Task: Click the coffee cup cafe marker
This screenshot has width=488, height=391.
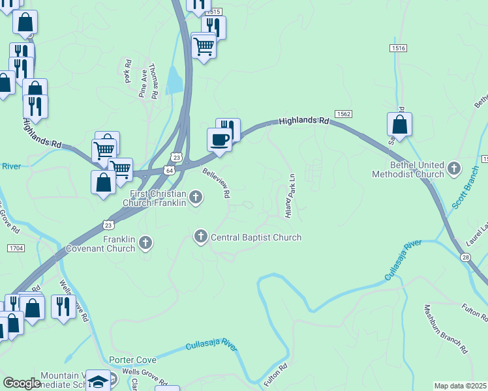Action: [219, 139]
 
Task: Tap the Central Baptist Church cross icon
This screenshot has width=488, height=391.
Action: [201, 235]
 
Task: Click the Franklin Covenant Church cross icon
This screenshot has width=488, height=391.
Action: [145, 243]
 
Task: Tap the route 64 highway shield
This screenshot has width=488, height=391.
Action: [170, 170]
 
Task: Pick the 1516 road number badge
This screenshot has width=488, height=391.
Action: [399, 48]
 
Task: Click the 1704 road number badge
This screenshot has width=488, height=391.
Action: [16, 248]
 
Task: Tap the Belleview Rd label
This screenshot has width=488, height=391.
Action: [217, 182]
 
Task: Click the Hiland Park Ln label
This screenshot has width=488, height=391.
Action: [290, 195]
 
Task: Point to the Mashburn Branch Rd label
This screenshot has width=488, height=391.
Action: [445, 329]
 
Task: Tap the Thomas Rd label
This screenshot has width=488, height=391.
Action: [154, 80]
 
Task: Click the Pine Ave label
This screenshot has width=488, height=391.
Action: [142, 85]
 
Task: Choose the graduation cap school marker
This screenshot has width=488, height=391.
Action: [99, 381]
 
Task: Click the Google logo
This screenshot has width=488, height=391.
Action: [22, 383]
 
